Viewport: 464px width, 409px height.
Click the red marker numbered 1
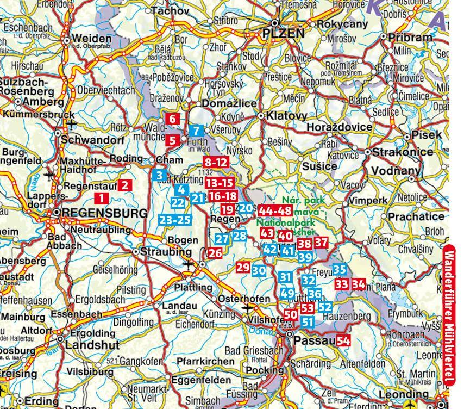click(x=101, y=198)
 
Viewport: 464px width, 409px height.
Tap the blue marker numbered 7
click(x=197, y=131)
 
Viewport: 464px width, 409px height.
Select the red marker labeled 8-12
click(x=216, y=162)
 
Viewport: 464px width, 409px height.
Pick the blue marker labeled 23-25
click(x=175, y=220)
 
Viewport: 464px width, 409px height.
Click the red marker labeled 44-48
click(x=276, y=211)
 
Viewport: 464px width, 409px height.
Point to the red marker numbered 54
click(x=343, y=341)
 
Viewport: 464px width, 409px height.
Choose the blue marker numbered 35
click(x=340, y=269)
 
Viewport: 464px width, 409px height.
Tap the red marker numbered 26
click(x=215, y=252)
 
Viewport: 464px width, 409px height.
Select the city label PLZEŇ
click(x=284, y=34)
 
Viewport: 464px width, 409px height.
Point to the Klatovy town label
click(x=291, y=116)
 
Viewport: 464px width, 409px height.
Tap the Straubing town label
click(x=166, y=252)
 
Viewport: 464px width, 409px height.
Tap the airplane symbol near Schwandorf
click(x=71, y=124)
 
